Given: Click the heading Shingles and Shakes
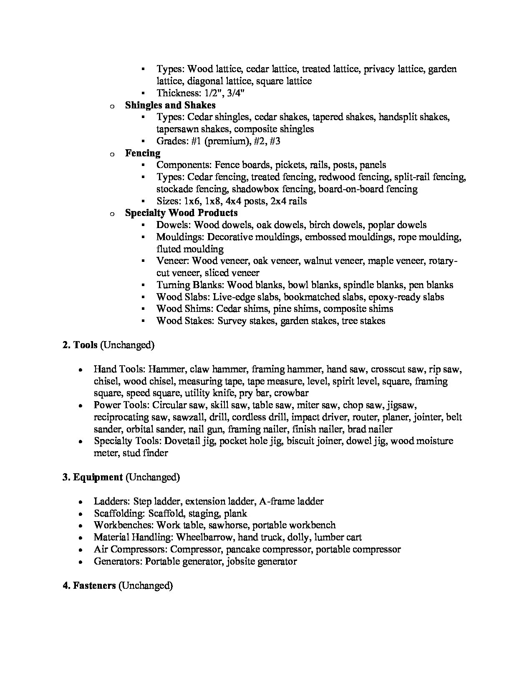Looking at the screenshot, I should (170, 105).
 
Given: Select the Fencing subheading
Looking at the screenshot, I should (143, 153).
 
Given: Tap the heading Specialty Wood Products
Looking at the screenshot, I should (181, 213).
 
